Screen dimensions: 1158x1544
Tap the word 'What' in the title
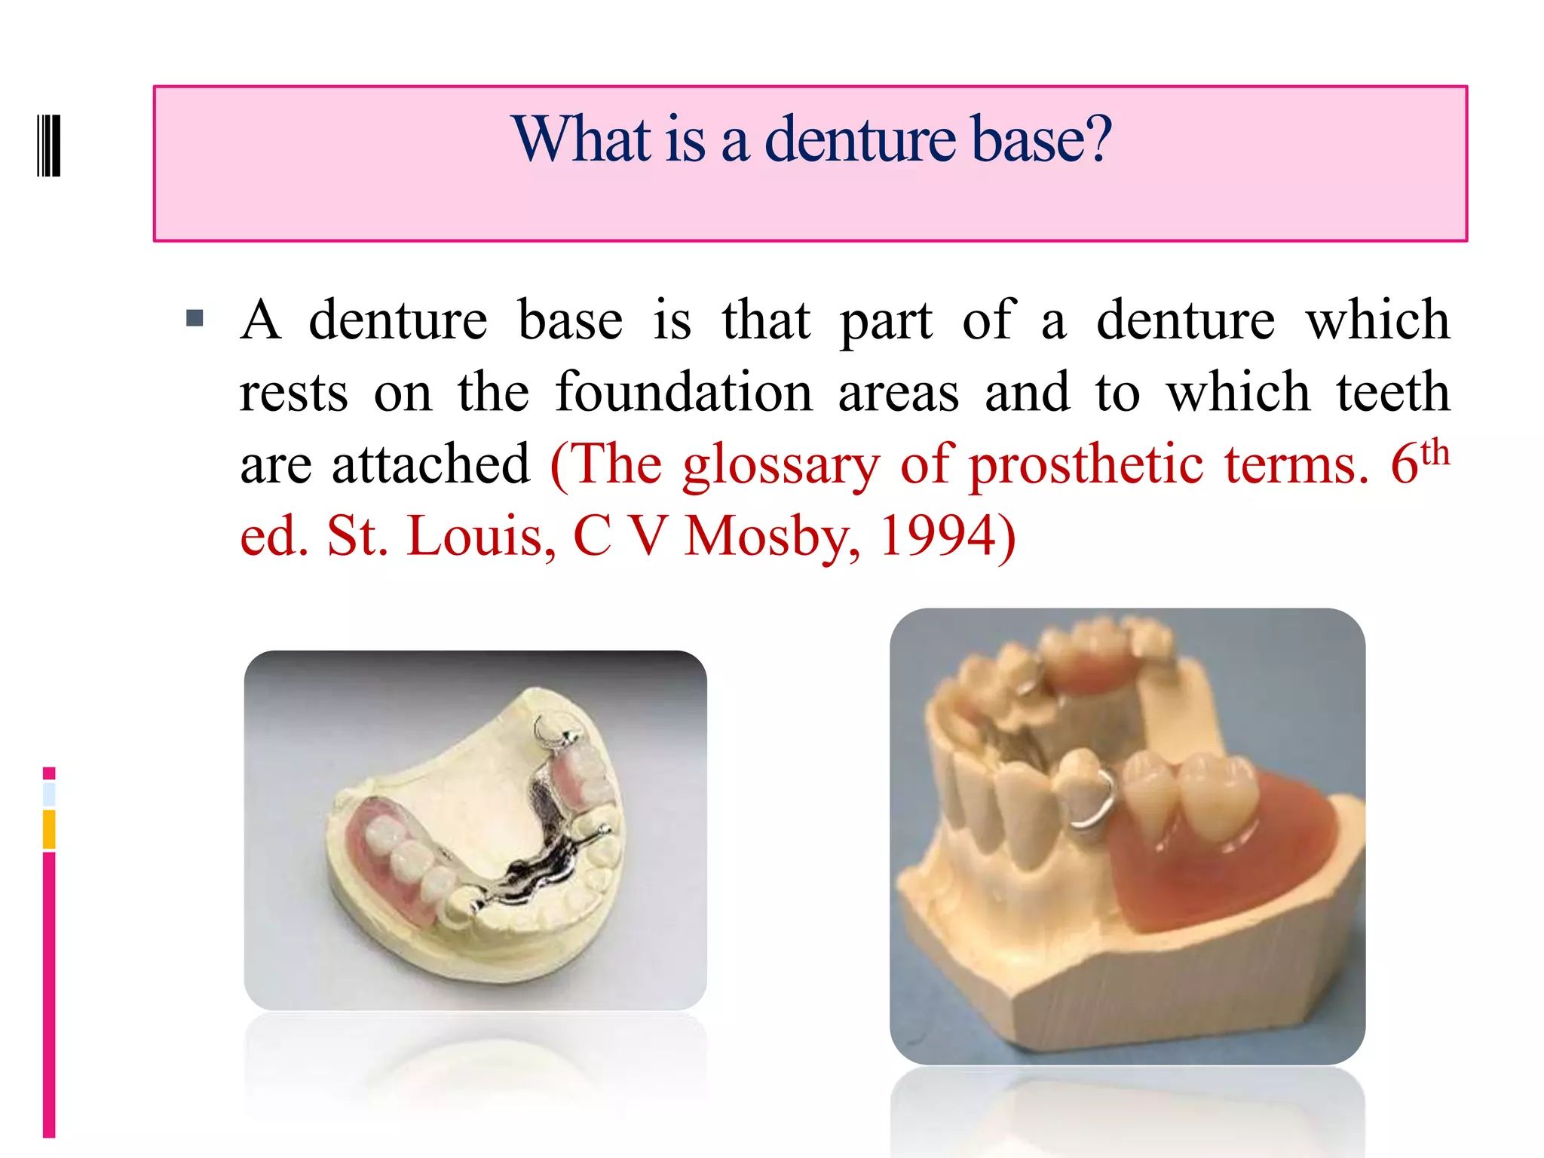(x=581, y=139)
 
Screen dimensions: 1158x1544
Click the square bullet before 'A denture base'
(x=195, y=317)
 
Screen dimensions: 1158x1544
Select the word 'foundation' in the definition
(x=684, y=392)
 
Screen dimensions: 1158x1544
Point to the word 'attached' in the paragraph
(x=431, y=464)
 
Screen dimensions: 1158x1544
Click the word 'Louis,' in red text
(x=481, y=536)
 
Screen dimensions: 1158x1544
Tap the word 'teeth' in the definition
(x=1393, y=392)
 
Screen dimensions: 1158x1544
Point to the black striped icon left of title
(x=49, y=146)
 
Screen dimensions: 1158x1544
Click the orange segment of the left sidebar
(x=49, y=829)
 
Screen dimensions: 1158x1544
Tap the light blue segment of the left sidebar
(x=49, y=794)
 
